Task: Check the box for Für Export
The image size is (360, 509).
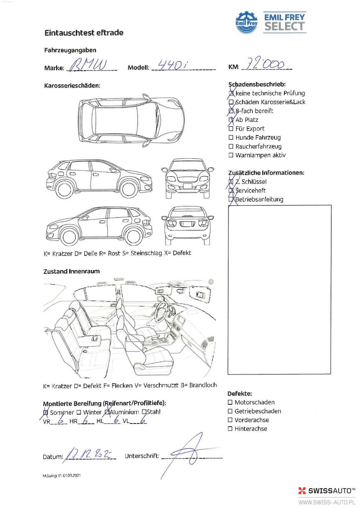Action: pyautogui.click(x=231, y=129)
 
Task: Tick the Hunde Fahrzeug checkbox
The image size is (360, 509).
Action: pyautogui.click(x=231, y=137)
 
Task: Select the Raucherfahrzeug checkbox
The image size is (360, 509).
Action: pyautogui.click(x=231, y=146)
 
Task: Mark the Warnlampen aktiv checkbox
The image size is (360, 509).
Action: pyautogui.click(x=231, y=155)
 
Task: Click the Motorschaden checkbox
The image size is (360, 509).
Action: pyautogui.click(x=230, y=402)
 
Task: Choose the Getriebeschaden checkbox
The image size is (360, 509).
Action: pyautogui.click(x=230, y=411)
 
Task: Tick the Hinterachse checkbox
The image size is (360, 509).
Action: pyautogui.click(x=230, y=429)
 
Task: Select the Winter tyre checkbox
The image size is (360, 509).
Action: pyautogui.click(x=79, y=413)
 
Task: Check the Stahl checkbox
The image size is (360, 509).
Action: pyautogui.click(x=144, y=412)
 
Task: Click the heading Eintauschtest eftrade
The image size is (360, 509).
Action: pyautogui.click(x=84, y=33)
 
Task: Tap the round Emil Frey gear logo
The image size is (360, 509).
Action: pyautogui.click(x=246, y=23)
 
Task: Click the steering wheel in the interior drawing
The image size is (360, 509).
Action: pyautogui.click(x=162, y=312)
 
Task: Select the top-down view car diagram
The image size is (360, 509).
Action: pyautogui.click(x=131, y=120)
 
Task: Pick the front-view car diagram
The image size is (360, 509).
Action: pyautogui.click(x=188, y=178)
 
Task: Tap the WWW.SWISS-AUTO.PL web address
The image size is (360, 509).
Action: pyautogui.click(x=326, y=503)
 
